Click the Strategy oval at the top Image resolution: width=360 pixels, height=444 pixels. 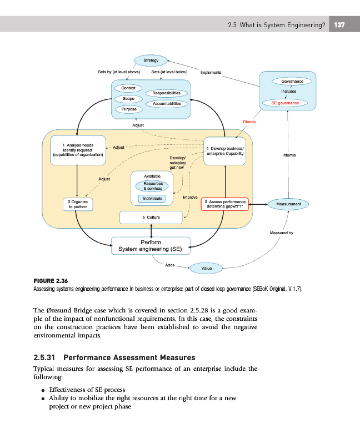(x=151, y=60)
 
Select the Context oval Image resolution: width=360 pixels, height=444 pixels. (x=128, y=88)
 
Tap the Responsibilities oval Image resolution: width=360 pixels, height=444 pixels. (x=167, y=93)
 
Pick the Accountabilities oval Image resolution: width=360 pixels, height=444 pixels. (x=167, y=104)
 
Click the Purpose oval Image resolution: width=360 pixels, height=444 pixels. (x=128, y=109)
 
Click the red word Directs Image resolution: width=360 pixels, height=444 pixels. (x=249, y=122)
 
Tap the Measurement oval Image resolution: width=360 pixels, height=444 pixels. (x=288, y=204)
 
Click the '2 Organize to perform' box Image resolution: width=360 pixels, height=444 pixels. (x=78, y=204)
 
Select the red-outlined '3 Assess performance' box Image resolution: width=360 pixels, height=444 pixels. (x=224, y=204)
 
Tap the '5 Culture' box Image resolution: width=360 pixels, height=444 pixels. (x=151, y=217)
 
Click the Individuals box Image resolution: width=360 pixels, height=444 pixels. (x=152, y=199)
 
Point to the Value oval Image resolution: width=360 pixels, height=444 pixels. (x=206, y=269)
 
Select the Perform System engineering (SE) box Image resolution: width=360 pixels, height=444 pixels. (x=151, y=245)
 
